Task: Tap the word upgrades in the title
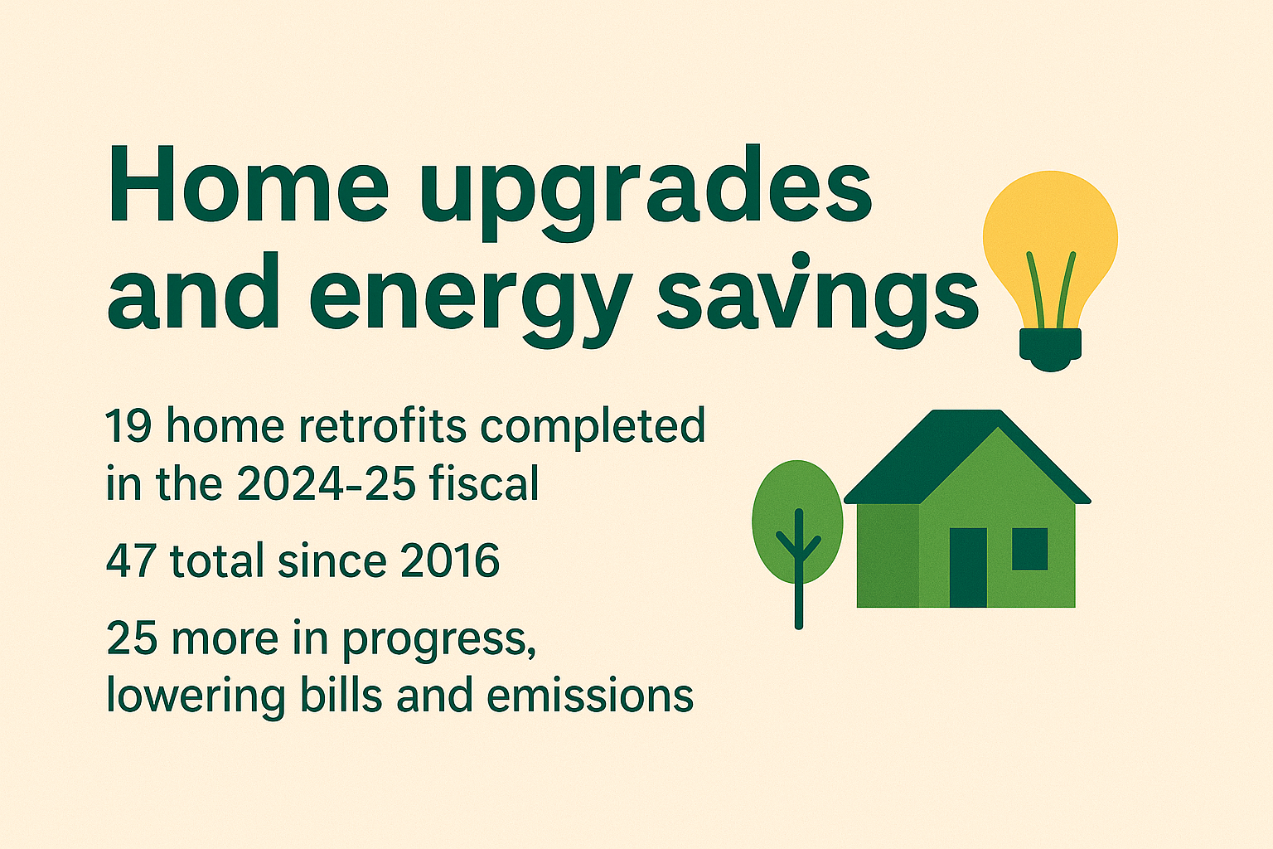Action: (x=646, y=192)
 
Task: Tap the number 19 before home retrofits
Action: (x=128, y=425)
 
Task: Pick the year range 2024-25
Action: (x=325, y=484)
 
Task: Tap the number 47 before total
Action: (x=131, y=560)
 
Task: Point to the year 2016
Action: (x=449, y=560)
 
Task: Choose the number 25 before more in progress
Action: (x=131, y=638)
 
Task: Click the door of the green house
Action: (x=968, y=567)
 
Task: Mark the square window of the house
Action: (x=1030, y=549)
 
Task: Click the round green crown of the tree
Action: (x=797, y=522)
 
